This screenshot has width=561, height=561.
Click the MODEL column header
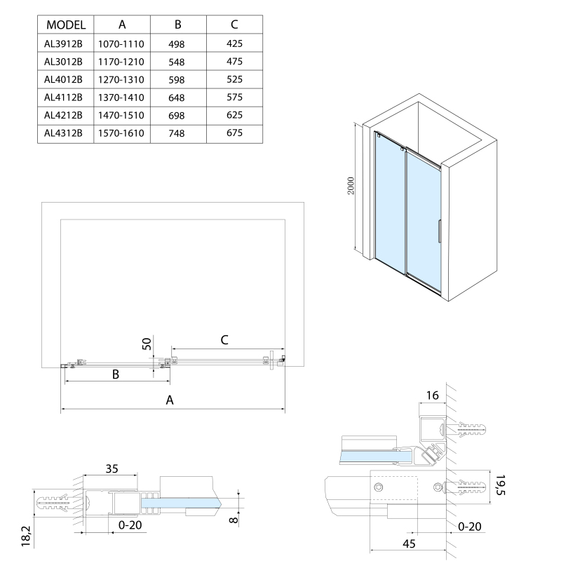click(65, 25)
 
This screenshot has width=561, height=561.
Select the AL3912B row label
click(64, 43)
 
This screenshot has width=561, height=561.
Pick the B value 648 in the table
click(177, 97)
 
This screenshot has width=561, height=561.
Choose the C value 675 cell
click(234, 132)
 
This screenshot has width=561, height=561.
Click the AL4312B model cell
click(64, 132)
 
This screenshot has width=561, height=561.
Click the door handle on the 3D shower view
click(439, 231)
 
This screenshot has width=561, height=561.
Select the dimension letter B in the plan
click(116, 374)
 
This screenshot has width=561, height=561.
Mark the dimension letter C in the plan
click(224, 339)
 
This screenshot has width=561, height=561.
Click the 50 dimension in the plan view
click(147, 344)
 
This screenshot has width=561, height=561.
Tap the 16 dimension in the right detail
click(432, 396)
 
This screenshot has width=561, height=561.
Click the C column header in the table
click(234, 25)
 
